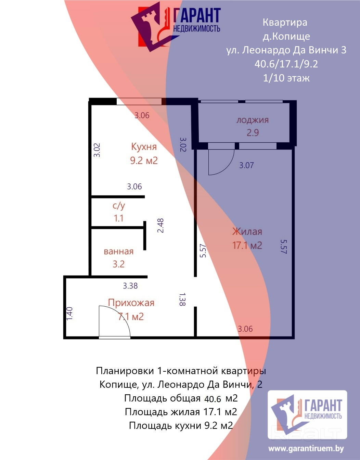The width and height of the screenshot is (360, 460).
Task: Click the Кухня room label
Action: [x=144, y=147]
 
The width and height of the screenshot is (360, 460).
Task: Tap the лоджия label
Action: [x=253, y=120]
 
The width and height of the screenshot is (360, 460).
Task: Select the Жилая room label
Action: [x=247, y=232]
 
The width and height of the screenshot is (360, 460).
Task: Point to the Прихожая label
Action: [x=131, y=303]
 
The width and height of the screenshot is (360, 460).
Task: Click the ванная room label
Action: [x=118, y=252]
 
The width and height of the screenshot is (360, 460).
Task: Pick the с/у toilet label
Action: [x=119, y=206]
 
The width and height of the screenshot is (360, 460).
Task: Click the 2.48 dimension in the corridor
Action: [x=160, y=226]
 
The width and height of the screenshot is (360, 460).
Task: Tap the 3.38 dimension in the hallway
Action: [x=130, y=286]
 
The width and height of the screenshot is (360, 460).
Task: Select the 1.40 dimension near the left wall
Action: [x=69, y=314]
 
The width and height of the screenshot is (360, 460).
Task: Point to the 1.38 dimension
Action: [x=182, y=299]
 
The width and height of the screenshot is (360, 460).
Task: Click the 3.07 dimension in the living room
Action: [x=247, y=165]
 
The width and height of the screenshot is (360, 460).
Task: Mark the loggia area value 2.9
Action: [x=253, y=133]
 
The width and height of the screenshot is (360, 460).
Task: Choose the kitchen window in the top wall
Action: [x=139, y=102]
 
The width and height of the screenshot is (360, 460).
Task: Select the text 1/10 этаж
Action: [x=286, y=78]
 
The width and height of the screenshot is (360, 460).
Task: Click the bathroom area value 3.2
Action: [x=118, y=264]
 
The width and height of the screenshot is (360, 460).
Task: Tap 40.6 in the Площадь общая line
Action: [x=213, y=399]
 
